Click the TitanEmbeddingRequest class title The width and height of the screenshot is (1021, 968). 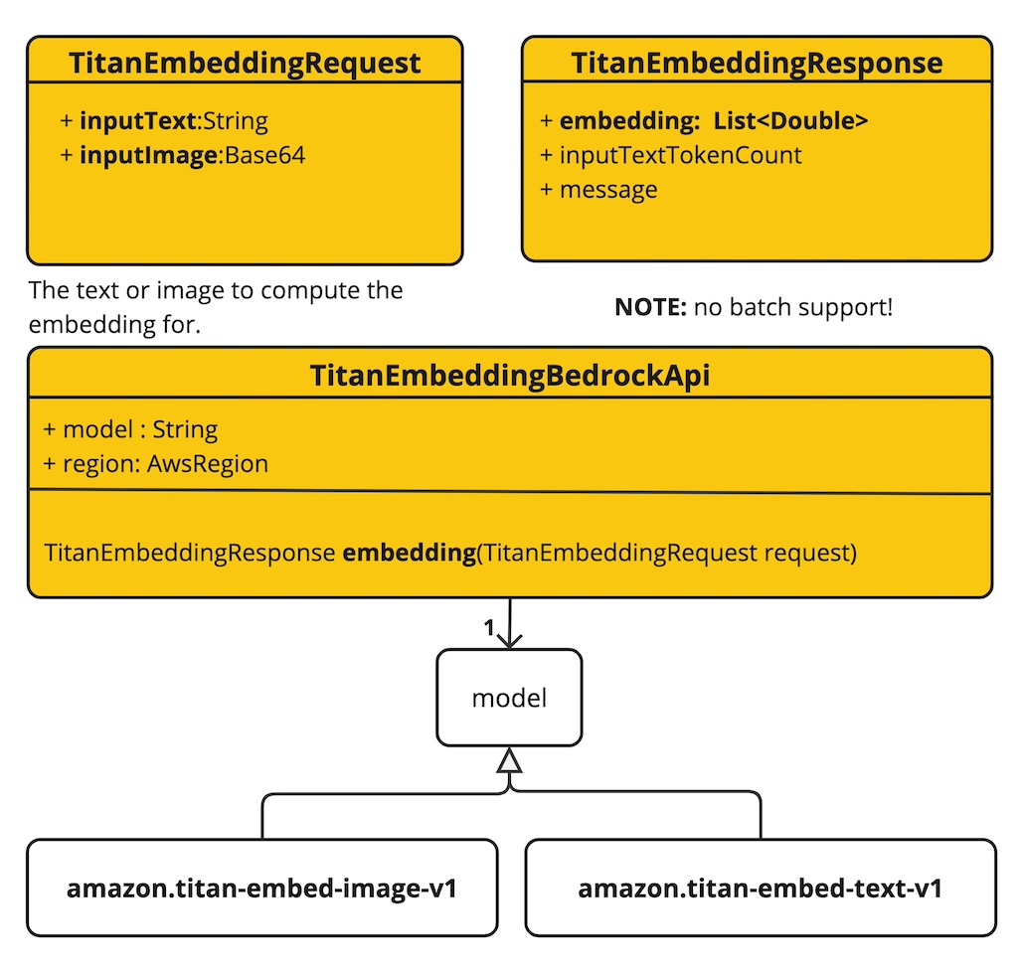point(245,64)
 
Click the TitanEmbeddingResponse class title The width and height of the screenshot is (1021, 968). point(757,64)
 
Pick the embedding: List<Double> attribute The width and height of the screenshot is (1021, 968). point(705,121)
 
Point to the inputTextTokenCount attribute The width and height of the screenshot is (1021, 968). point(671,155)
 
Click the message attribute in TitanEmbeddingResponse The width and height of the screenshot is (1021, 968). point(598,189)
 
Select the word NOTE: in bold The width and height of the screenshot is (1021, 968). point(650,307)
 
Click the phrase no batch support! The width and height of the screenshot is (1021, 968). point(793,307)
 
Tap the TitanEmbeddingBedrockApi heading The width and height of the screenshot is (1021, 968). point(509,376)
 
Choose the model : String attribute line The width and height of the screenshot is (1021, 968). point(130,429)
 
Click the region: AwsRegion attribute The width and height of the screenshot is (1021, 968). point(156,463)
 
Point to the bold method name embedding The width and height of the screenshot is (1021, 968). point(409,553)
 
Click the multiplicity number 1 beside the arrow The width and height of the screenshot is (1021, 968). point(488,627)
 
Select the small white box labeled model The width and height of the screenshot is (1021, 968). point(509,698)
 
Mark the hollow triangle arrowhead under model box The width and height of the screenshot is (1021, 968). point(509,761)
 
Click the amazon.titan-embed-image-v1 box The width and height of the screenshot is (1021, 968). point(261,887)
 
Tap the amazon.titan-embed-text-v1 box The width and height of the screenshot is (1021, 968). point(761,887)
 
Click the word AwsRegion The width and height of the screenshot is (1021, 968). point(208,463)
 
